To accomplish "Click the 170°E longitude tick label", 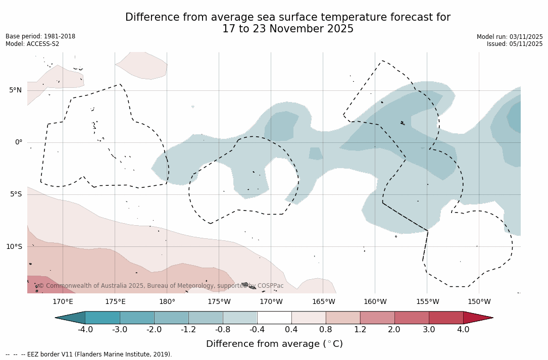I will click(x=63, y=302).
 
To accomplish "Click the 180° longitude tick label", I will click(x=167, y=302).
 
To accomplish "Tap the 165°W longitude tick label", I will click(x=323, y=302).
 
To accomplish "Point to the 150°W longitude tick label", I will click(x=479, y=302).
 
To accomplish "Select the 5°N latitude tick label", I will click(x=15, y=90).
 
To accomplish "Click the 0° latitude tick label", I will click(x=19, y=142).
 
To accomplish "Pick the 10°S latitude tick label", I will click(x=14, y=247).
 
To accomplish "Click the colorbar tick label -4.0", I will click(x=85, y=330).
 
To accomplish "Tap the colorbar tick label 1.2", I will click(x=360, y=330).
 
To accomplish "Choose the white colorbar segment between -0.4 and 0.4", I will click(x=274, y=318).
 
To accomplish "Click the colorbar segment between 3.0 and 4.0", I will click(x=446, y=318).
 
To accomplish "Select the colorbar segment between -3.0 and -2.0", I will click(x=137, y=318).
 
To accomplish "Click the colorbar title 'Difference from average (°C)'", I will click(x=274, y=344).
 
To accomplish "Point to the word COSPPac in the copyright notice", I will click(x=271, y=286).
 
